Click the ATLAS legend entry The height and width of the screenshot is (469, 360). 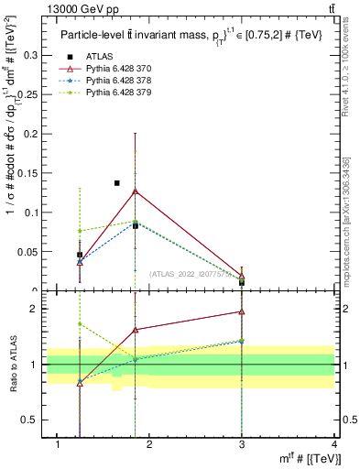[x=98, y=57]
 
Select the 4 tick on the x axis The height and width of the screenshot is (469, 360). [x=334, y=445]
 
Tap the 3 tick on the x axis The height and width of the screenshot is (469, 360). [x=242, y=445]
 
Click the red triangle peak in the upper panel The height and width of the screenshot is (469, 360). [x=136, y=191]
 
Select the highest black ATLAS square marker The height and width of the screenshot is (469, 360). [x=117, y=183]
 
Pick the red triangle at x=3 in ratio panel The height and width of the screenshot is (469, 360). [x=242, y=312]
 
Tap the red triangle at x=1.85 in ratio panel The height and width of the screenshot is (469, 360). [x=136, y=330]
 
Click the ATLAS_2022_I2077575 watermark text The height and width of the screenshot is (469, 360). [x=192, y=273]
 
